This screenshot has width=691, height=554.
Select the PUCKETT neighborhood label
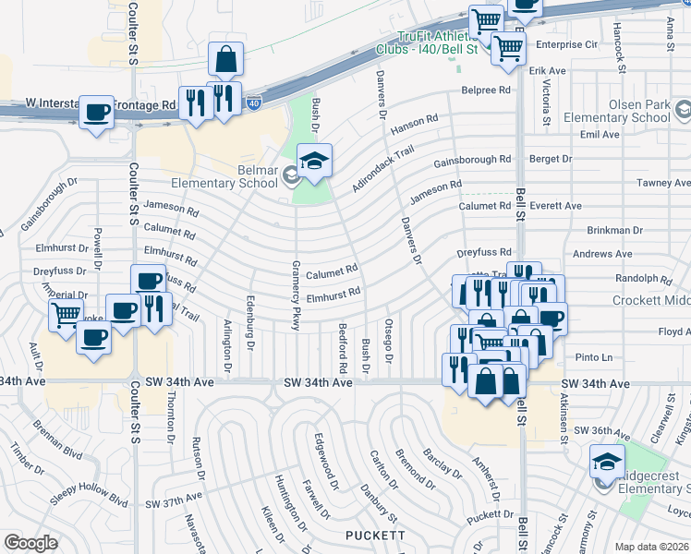375,536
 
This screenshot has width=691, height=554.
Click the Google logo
30,543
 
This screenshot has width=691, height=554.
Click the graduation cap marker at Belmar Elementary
314,161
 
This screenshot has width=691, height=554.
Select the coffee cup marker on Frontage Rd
96,114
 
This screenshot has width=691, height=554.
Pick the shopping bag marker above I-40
225,60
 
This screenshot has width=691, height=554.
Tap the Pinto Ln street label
593,357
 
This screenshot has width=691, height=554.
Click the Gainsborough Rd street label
472,160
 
